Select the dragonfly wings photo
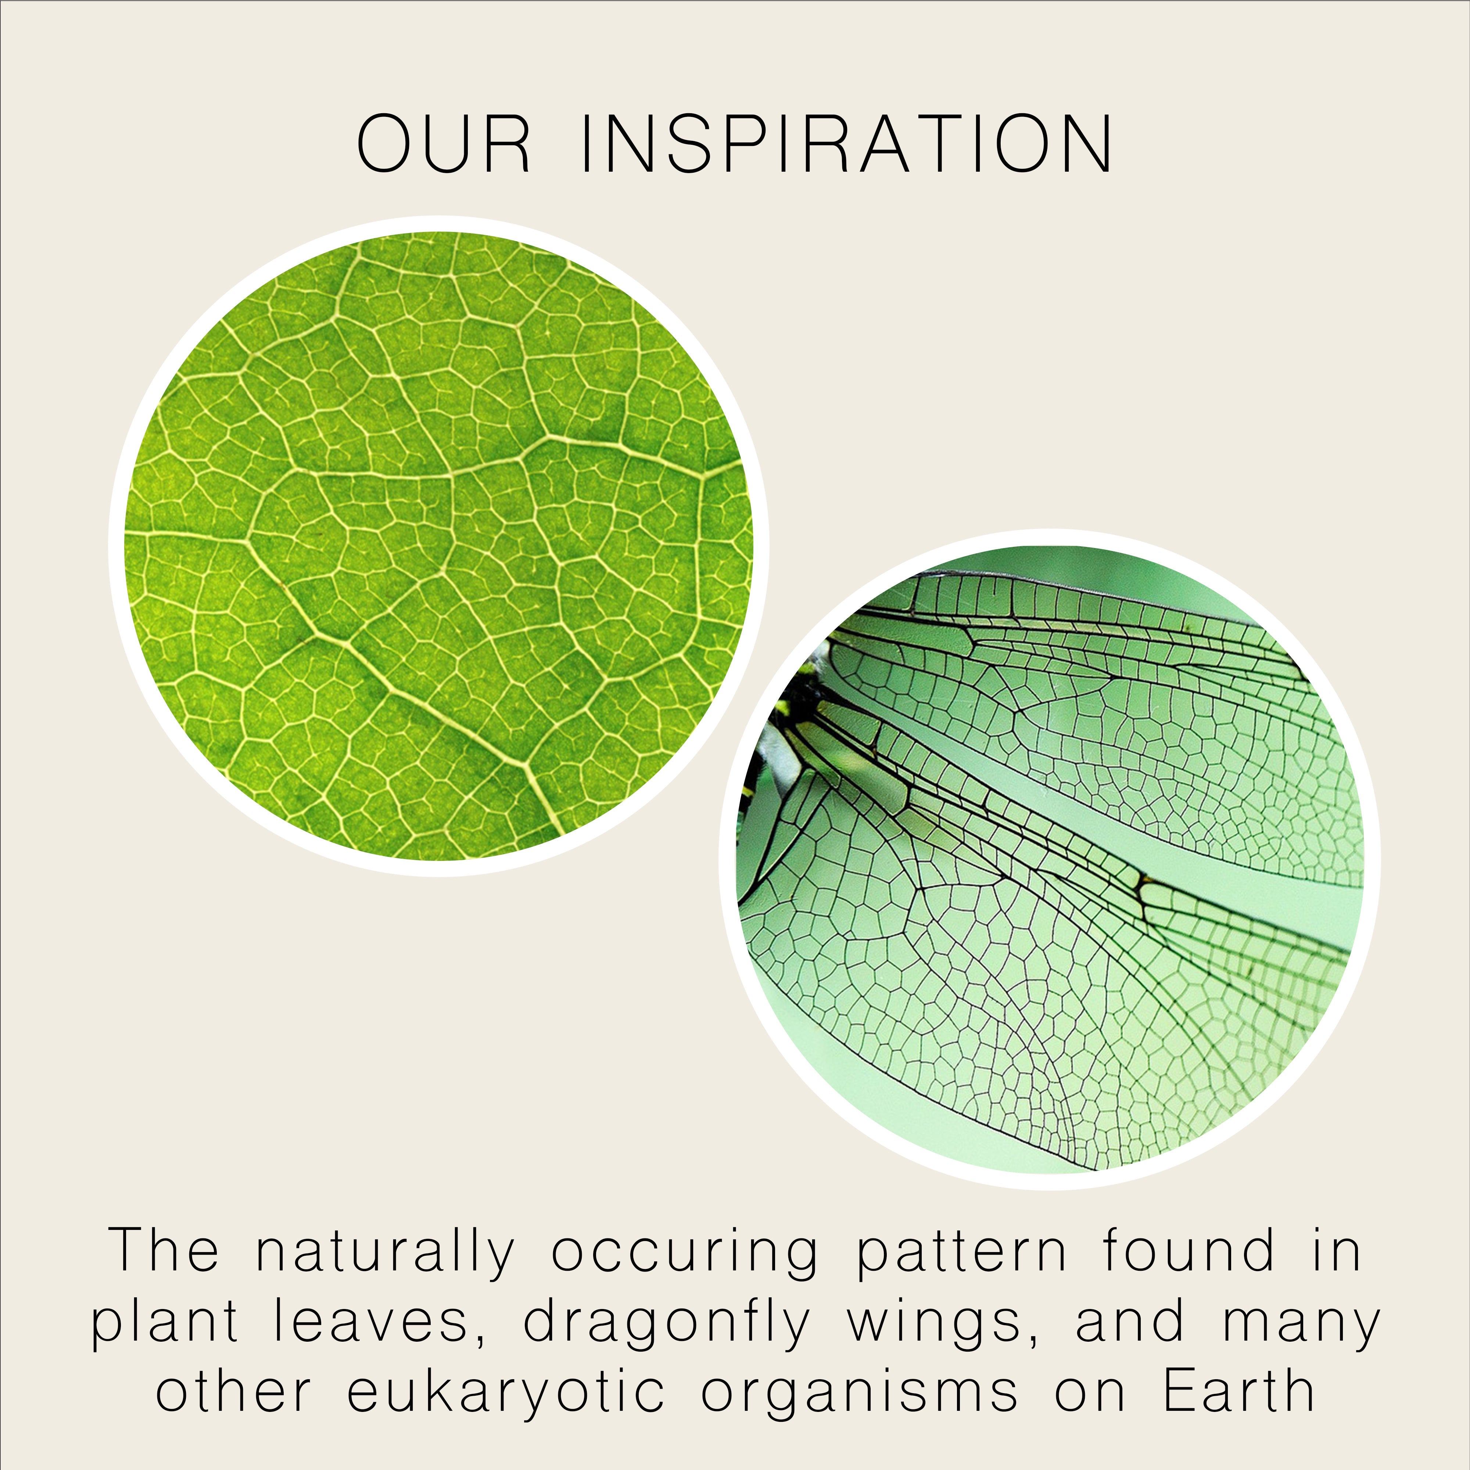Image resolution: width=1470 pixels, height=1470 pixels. click(x=1050, y=860)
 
